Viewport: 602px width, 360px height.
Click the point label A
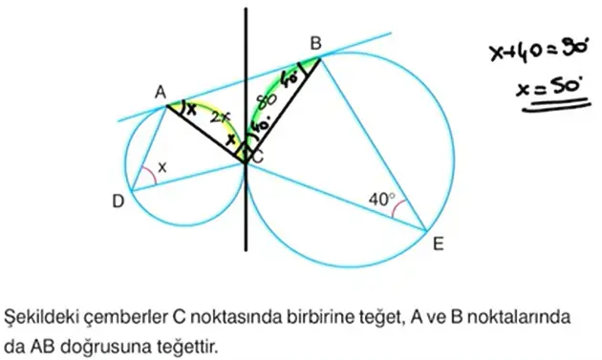(161, 92)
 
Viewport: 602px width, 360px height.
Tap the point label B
(315, 43)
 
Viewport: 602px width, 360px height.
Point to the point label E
(438, 244)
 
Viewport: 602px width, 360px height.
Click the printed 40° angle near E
(381, 200)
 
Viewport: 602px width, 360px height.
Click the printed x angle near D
(162, 168)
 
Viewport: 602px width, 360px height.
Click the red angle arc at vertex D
(146, 177)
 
